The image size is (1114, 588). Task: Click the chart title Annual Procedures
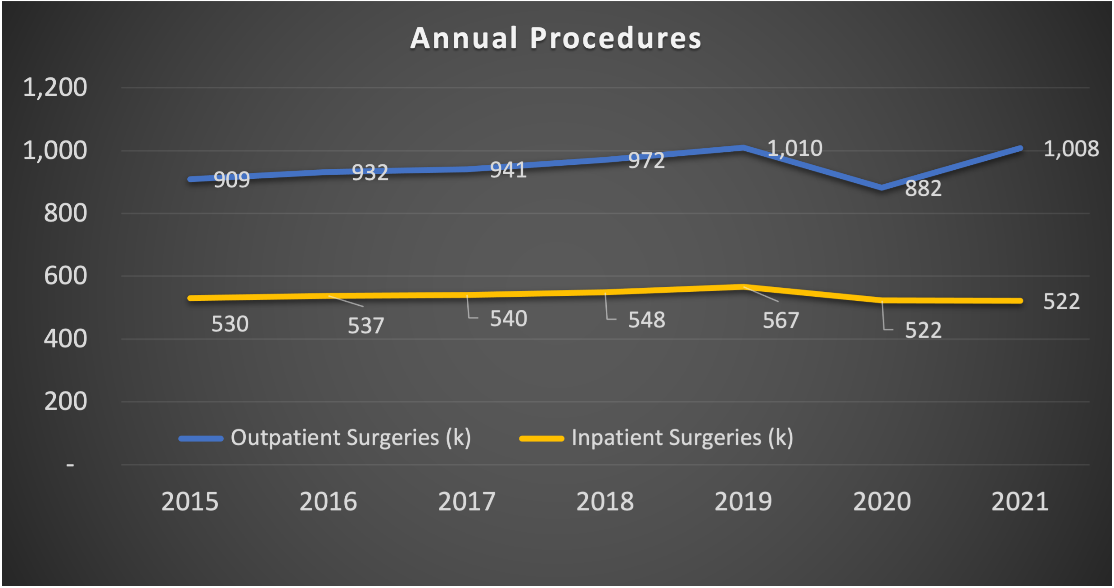pyautogui.click(x=556, y=38)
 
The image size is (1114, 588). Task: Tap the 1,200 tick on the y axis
pyautogui.click(x=55, y=87)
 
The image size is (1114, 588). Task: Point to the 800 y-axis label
pyautogui.click(x=65, y=213)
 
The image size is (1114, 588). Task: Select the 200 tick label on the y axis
pyautogui.click(x=65, y=401)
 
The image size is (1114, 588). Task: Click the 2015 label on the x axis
pyautogui.click(x=189, y=502)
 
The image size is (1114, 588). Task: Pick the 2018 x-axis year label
pyautogui.click(x=605, y=502)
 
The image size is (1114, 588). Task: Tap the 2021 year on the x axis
pyautogui.click(x=1020, y=502)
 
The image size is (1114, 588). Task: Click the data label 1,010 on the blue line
pyautogui.click(x=795, y=149)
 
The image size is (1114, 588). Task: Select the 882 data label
pyautogui.click(x=923, y=188)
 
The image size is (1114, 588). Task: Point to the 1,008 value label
pyautogui.click(x=1071, y=149)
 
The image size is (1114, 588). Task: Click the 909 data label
pyautogui.click(x=231, y=180)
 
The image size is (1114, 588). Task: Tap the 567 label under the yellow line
pyautogui.click(x=781, y=321)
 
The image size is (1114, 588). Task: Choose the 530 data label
pyautogui.click(x=230, y=324)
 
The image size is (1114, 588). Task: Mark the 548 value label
pyautogui.click(x=646, y=320)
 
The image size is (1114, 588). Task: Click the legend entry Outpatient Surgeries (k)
pyautogui.click(x=351, y=438)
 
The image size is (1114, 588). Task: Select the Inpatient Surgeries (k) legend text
pyautogui.click(x=682, y=438)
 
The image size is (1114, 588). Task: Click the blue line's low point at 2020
pyautogui.click(x=882, y=187)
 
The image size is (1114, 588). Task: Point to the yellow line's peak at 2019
pyautogui.click(x=744, y=287)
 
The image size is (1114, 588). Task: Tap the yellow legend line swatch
pyautogui.click(x=541, y=439)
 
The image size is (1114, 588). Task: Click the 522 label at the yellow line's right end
pyautogui.click(x=1061, y=302)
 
